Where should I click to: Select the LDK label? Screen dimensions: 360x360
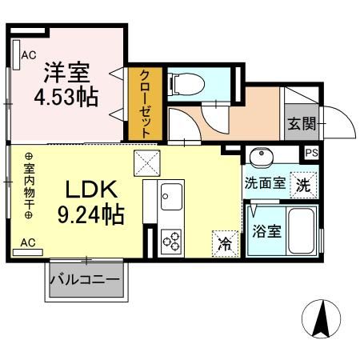[x=91, y=191]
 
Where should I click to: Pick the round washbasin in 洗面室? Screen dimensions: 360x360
[x=261, y=156]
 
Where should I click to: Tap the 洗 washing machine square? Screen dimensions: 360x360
[x=303, y=183]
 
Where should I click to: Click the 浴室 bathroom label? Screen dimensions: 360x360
[x=265, y=232]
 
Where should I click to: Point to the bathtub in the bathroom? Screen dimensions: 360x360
[x=301, y=230]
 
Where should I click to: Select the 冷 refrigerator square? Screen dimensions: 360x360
[x=226, y=243]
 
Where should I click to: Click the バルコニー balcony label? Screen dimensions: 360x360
[x=85, y=281]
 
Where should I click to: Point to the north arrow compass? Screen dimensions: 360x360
[x=323, y=320]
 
